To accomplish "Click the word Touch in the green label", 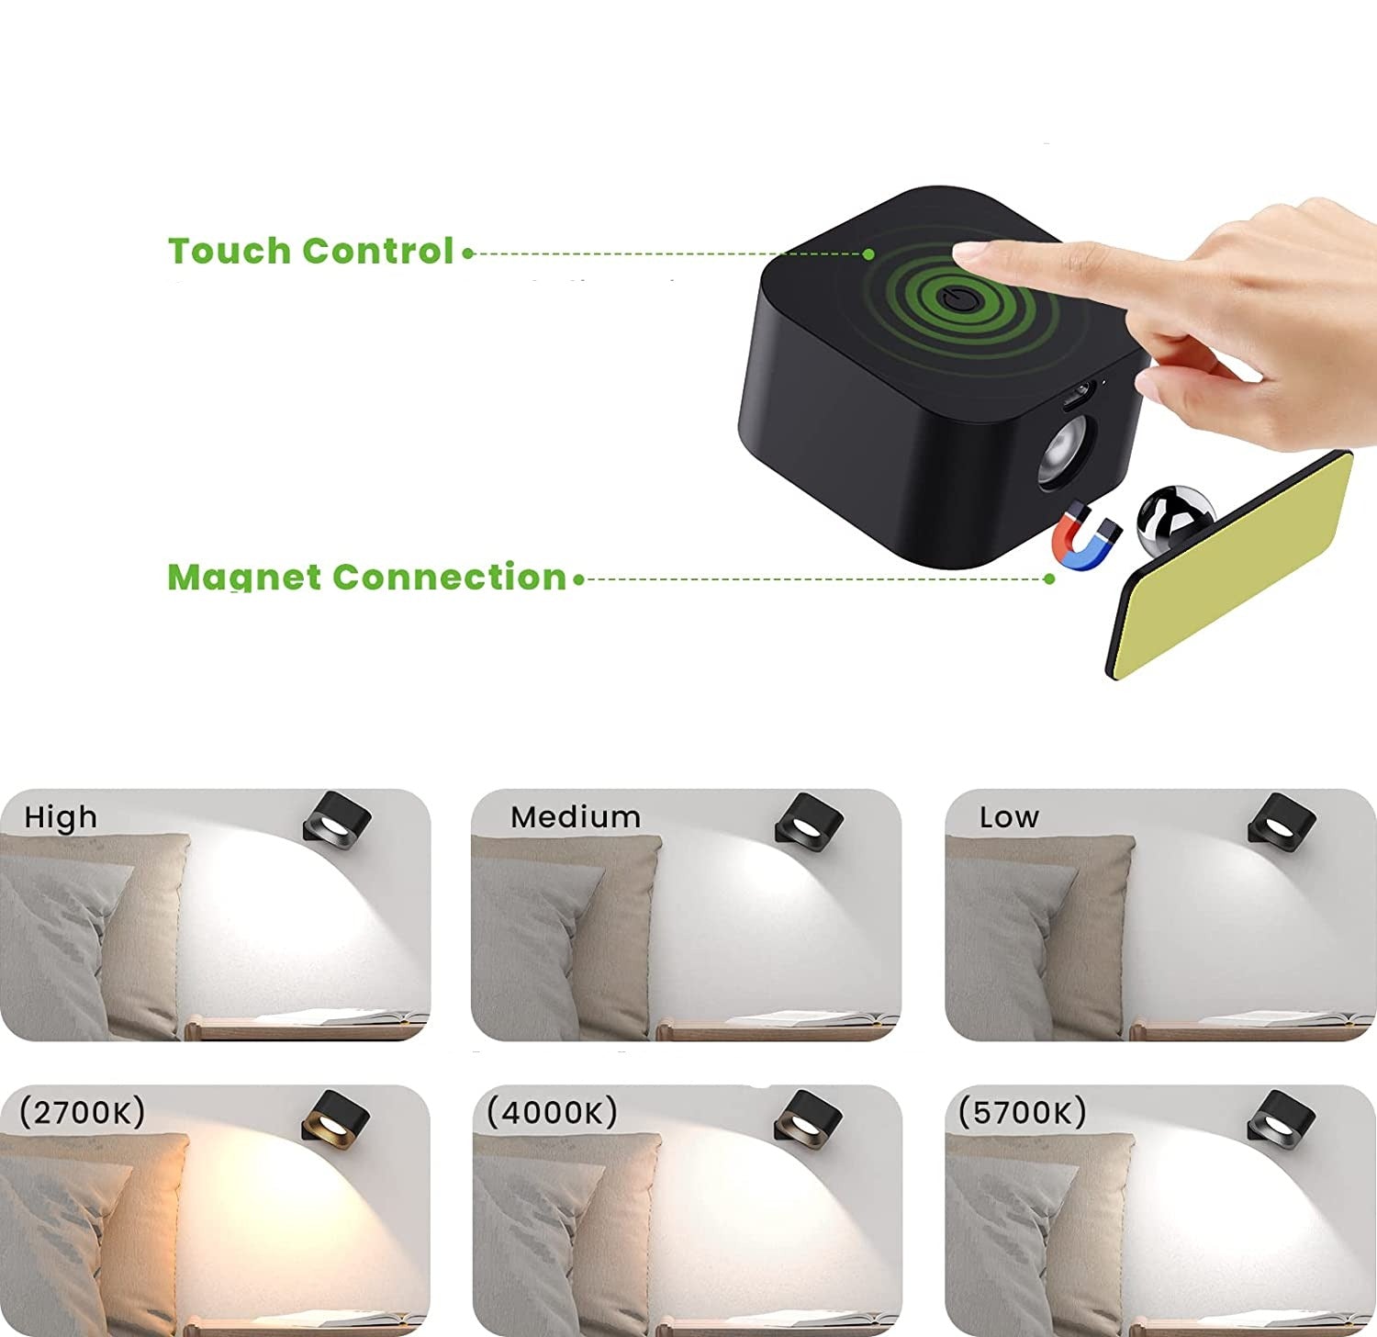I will click(229, 251).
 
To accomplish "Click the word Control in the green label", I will click(377, 251).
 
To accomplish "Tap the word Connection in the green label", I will click(449, 577).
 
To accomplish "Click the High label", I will click(61, 817).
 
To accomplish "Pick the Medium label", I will click(576, 817).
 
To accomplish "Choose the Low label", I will click(1009, 817).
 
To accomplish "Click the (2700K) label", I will click(83, 1112).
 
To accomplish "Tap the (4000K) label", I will click(552, 1112).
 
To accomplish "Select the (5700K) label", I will click(1023, 1112).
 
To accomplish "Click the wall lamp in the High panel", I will click(337, 817).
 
